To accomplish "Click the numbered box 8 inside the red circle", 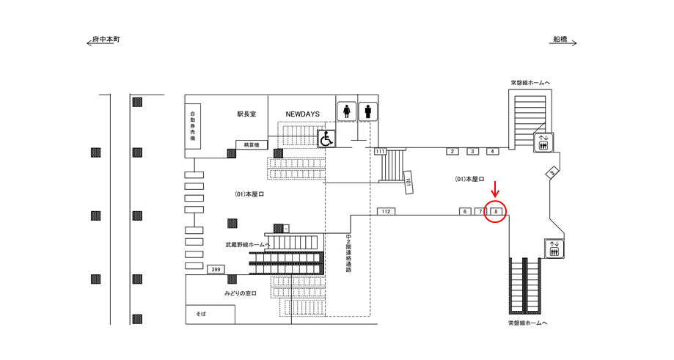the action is tap(496, 211).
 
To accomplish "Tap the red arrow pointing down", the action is tap(495, 189).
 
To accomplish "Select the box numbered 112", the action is tap(386, 211).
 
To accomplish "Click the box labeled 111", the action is tap(380, 151).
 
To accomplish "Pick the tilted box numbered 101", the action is tap(409, 182).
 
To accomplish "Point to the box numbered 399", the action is tap(216, 269).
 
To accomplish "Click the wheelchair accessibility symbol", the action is tap(326, 139).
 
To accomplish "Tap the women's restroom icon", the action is tap(347, 111).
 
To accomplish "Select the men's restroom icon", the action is tap(367, 111).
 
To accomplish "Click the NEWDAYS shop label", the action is tap(303, 114).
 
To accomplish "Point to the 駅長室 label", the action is tap(246, 114).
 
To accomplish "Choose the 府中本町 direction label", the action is tap(106, 40).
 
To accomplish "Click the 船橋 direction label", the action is tap(560, 40).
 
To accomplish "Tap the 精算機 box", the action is tap(252, 144).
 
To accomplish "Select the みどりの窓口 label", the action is tap(241, 293).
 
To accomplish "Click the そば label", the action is tap(201, 314).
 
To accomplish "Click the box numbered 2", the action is tap(453, 151).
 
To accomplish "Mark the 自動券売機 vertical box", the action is tap(193, 126).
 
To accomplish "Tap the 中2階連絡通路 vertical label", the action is tap(348, 254).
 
